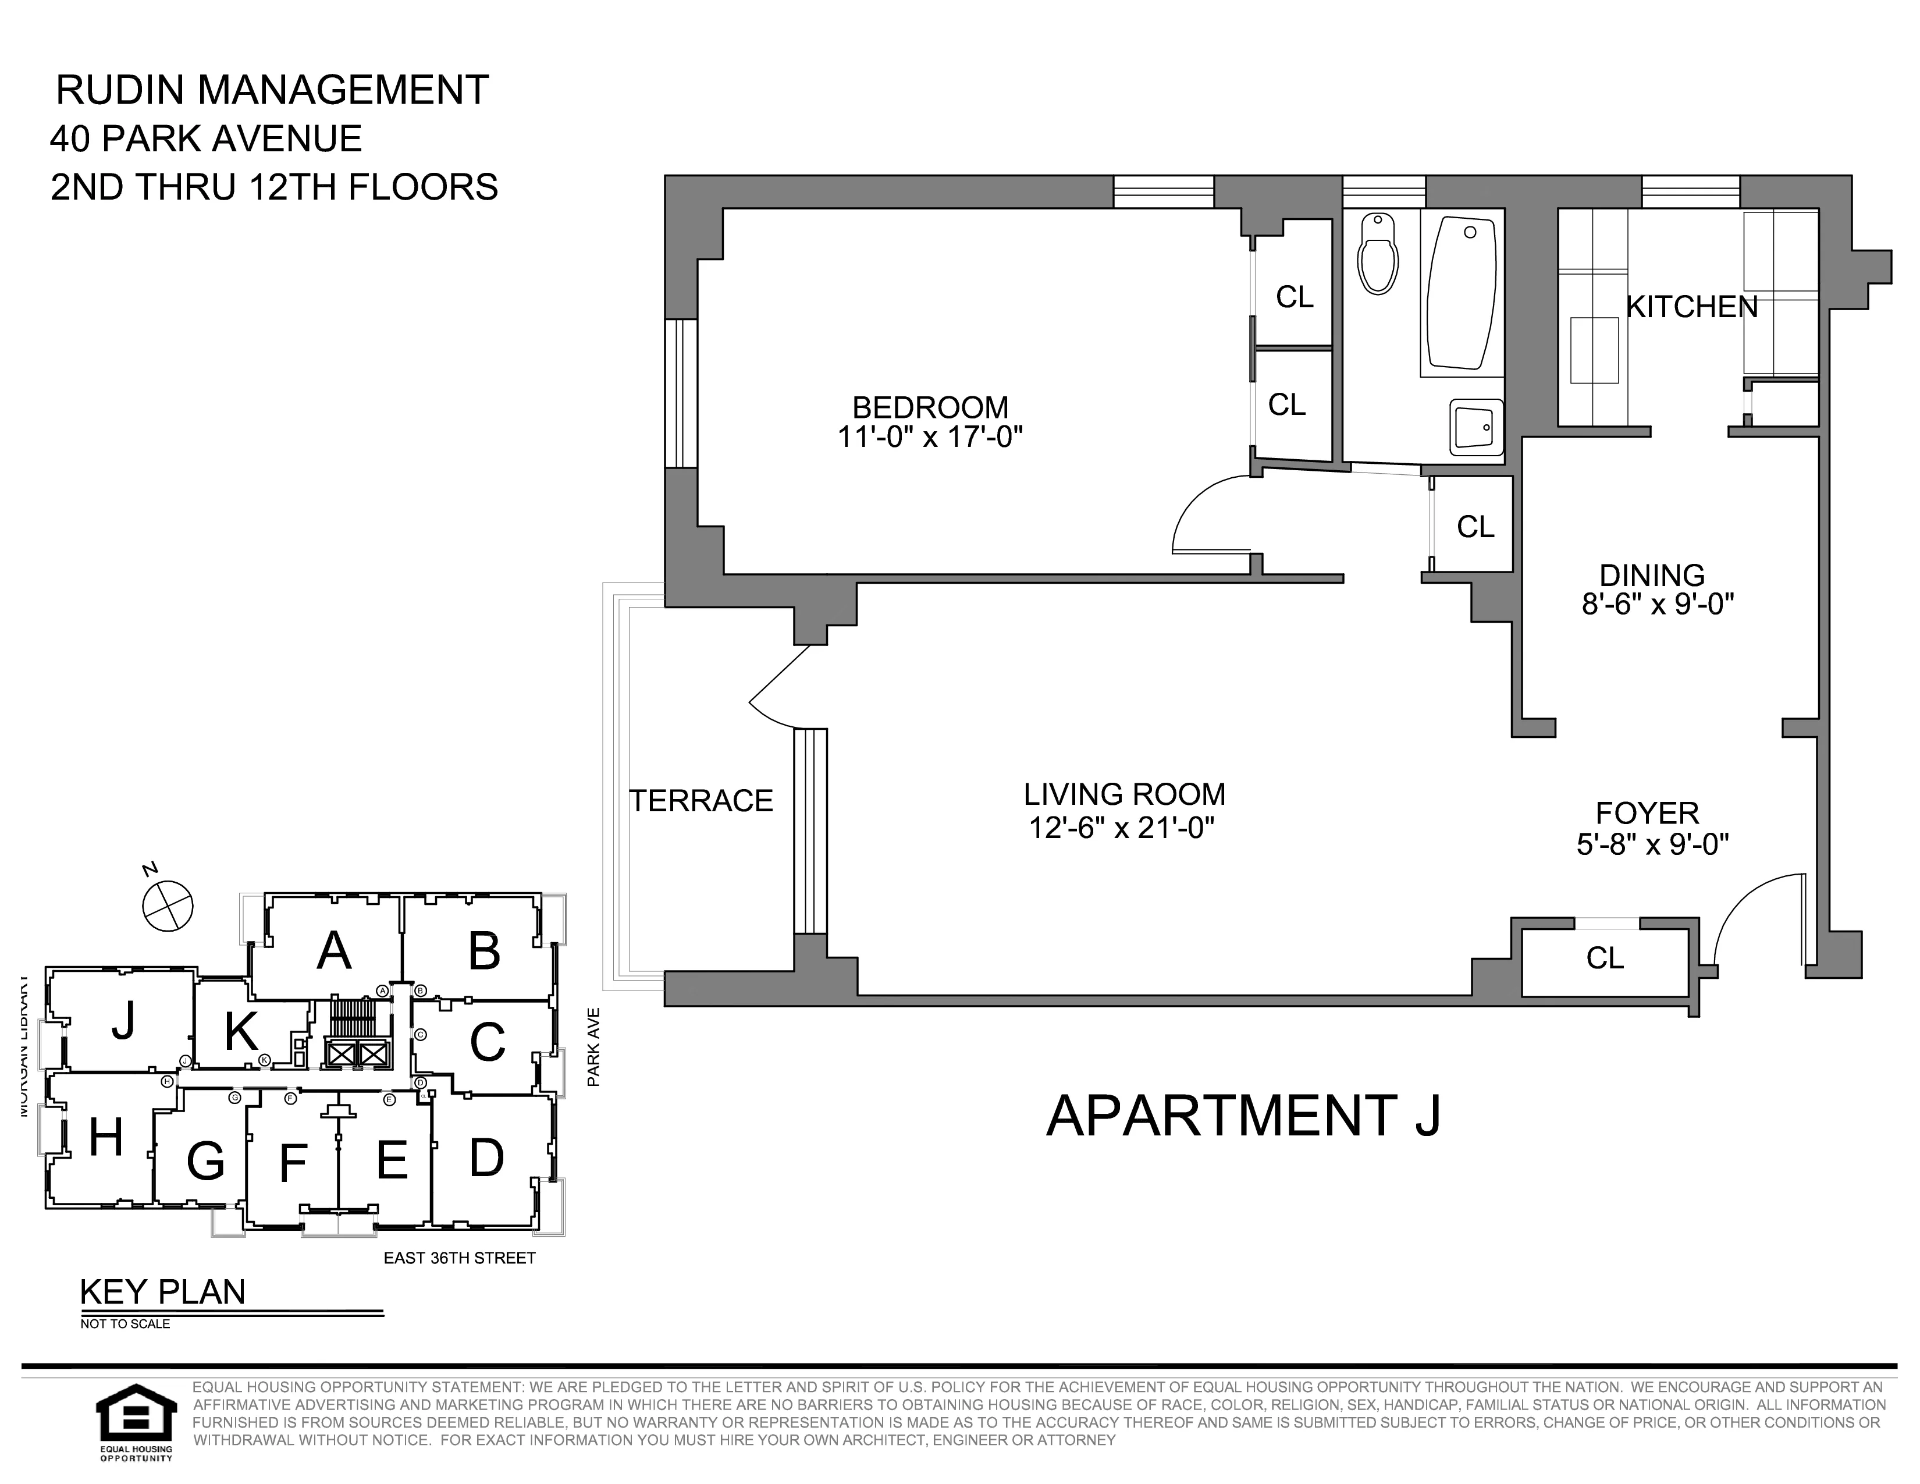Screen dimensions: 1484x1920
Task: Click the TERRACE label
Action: tap(701, 800)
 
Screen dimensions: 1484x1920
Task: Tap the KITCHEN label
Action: tap(1691, 307)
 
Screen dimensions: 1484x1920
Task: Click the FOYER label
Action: tap(1648, 812)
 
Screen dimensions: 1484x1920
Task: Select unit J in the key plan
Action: tap(123, 1021)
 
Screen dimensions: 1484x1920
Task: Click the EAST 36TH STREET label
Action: tap(459, 1258)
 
